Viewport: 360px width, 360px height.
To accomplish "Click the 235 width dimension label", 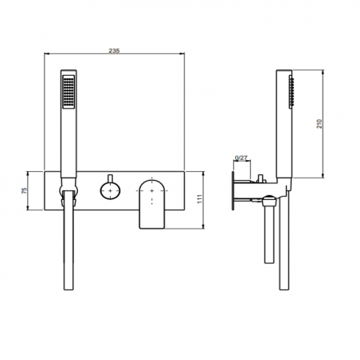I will [114, 50].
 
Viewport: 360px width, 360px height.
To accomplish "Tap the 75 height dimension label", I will [25, 191].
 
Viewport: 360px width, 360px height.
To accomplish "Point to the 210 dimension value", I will [319, 123].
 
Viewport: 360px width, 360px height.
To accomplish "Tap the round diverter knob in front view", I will [108, 190].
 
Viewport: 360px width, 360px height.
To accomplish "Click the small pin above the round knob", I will [108, 175].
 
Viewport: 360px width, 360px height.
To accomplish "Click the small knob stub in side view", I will [260, 177].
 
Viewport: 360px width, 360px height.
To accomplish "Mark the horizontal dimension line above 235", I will [114, 56].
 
